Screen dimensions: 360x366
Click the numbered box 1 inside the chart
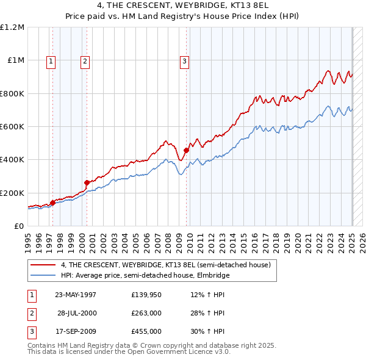pos(51,60)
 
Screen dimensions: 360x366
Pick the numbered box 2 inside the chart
pos(85,60)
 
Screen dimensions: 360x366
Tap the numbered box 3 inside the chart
pos(184,60)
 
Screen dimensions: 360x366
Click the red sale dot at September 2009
pos(186,150)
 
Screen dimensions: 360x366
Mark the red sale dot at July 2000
pos(87,182)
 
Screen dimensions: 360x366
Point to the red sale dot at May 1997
pos(52,203)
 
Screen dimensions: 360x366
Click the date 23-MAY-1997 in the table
pos(75,295)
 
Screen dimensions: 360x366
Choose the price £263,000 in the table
pos(146,313)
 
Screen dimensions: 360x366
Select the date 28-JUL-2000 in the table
pos(76,313)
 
